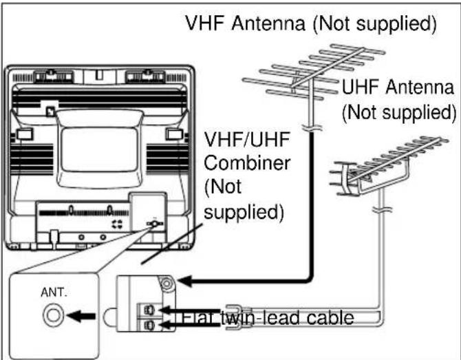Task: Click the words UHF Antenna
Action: point(397,88)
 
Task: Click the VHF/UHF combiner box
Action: point(142,303)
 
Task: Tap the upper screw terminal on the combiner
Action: point(147,308)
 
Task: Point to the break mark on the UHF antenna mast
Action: point(378,207)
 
